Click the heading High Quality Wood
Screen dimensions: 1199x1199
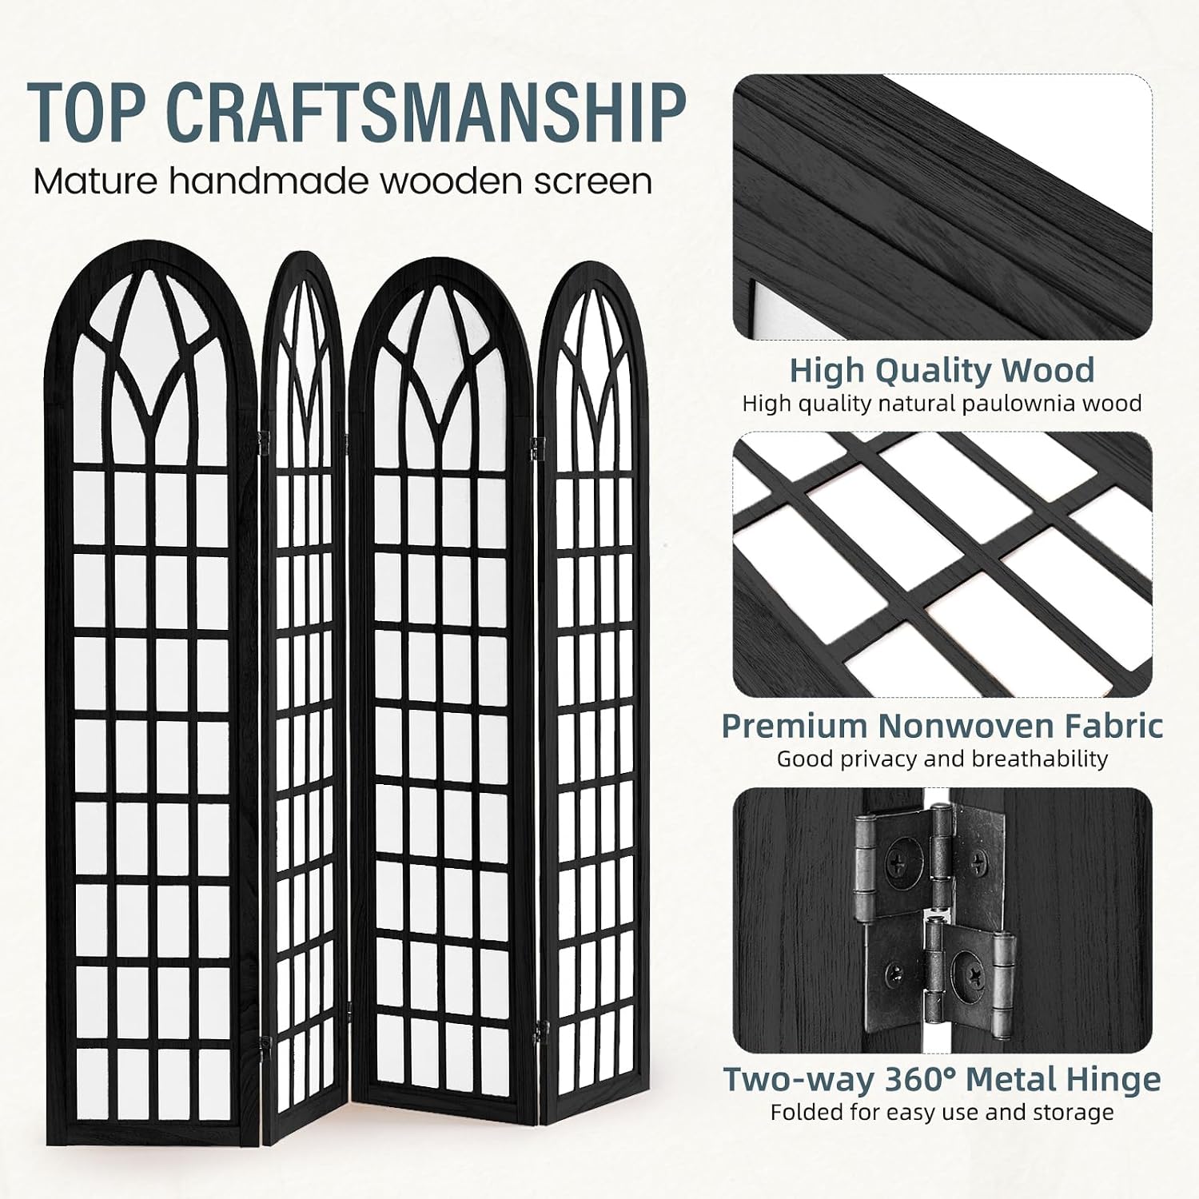coord(942,371)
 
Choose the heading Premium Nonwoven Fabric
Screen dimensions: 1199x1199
coord(942,725)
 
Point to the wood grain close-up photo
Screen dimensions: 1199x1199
coord(943,207)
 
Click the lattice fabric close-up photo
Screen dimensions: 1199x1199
coord(943,564)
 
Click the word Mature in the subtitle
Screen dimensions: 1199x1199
coord(96,181)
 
